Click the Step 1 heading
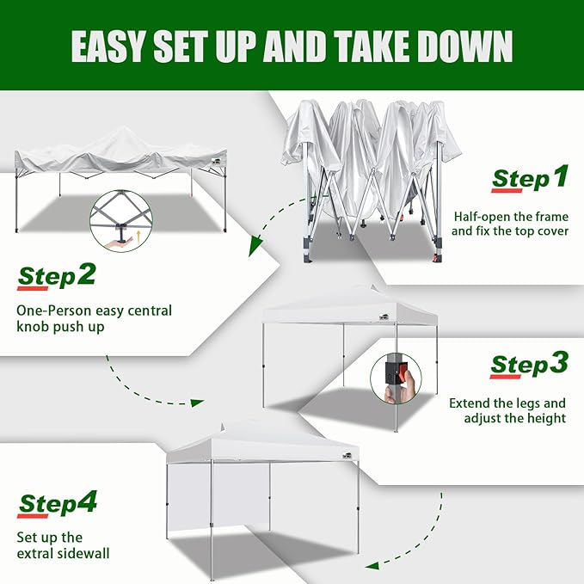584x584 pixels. pos(530,179)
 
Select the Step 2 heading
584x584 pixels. pos(57,277)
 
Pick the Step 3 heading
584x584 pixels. pos(529,364)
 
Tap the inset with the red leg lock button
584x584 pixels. pos(399,378)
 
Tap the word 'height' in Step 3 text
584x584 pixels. pos(545,419)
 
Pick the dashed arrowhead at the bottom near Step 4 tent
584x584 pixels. pos(371,565)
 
